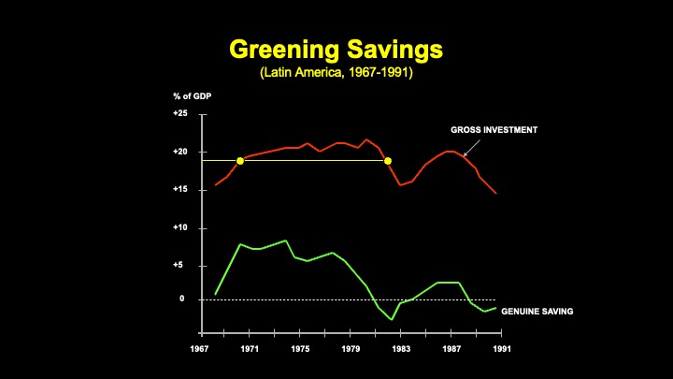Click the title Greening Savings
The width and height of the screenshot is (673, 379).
336,49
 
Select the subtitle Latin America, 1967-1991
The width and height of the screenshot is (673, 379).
336,71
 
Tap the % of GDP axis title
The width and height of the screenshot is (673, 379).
190,96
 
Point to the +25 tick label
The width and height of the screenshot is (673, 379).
180,113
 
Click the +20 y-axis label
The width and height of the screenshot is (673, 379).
180,152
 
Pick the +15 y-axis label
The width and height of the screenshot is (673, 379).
180,190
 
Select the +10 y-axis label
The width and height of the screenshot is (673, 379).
180,227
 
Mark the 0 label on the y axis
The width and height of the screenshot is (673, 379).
183,299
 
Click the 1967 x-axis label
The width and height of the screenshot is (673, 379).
199,349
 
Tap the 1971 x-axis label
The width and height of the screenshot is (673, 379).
250,349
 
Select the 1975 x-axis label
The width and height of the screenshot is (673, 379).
300,349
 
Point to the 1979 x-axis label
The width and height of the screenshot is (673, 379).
351,349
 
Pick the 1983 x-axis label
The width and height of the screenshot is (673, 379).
401,349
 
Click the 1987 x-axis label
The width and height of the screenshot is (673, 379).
451,349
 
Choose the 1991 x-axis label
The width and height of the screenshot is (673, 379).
502,349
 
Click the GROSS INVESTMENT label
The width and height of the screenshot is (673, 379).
494,130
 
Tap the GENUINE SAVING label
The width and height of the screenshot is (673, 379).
537,311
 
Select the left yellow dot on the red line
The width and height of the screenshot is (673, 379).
240,161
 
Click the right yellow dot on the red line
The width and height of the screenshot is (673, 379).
388,161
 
